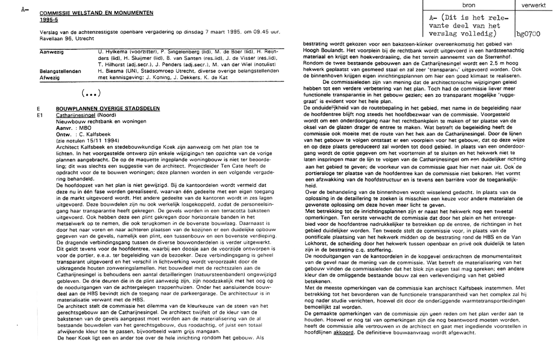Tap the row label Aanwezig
pos(52,51)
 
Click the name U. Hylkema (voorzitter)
pos(128,51)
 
